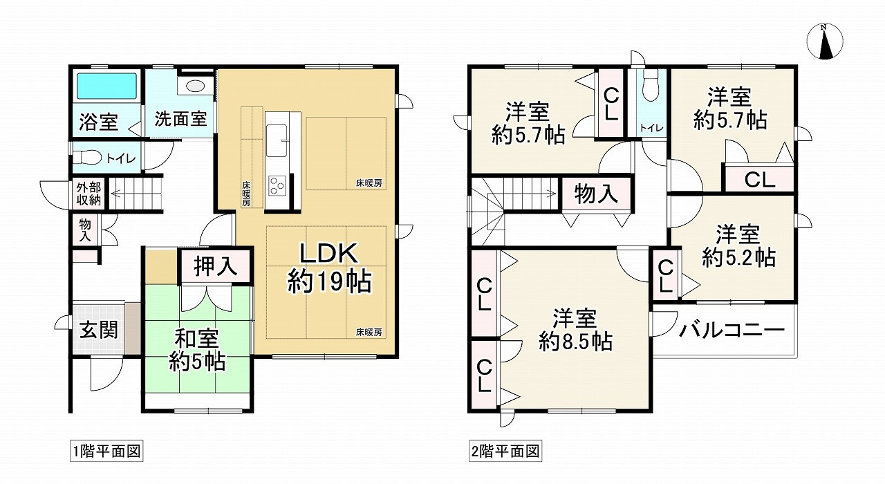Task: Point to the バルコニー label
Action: pos(731,330)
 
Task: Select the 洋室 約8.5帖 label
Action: pos(574,330)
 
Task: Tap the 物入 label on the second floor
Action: pos(596,194)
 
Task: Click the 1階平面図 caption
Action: pos(106,452)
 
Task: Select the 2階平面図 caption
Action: pos(505,452)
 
